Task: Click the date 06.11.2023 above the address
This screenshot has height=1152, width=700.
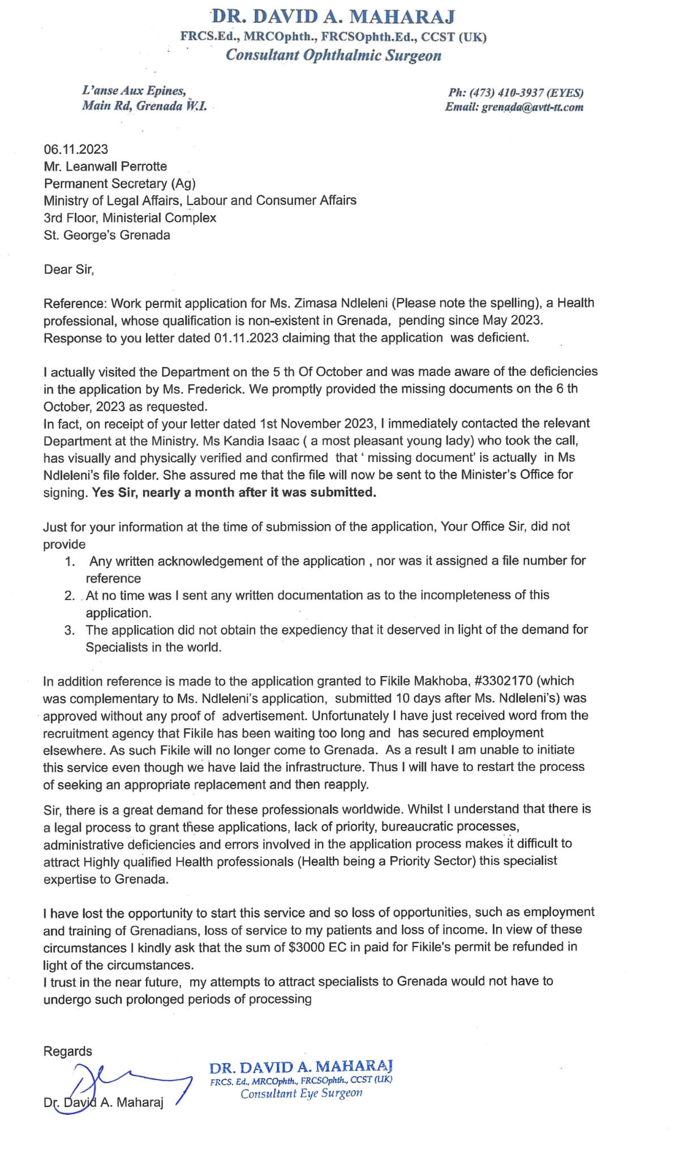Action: (76, 149)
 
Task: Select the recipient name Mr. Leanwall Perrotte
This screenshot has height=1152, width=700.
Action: (105, 166)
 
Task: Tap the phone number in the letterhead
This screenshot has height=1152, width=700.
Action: (515, 93)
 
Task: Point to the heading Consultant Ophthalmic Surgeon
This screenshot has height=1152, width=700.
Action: (333, 55)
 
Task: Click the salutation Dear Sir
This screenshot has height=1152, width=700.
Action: (68, 269)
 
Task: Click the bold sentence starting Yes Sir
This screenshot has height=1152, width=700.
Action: (234, 493)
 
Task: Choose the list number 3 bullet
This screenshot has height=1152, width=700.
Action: (69, 631)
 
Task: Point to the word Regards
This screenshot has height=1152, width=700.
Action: (67, 1051)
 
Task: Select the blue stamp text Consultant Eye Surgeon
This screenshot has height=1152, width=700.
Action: (301, 1093)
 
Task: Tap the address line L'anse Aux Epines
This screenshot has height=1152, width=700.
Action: (134, 91)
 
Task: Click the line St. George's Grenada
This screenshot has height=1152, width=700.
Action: (107, 235)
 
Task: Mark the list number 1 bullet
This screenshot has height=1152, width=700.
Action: (70, 562)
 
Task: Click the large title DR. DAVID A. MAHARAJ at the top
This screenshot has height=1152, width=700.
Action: (333, 16)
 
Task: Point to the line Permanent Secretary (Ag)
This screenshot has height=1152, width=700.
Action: (119, 183)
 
